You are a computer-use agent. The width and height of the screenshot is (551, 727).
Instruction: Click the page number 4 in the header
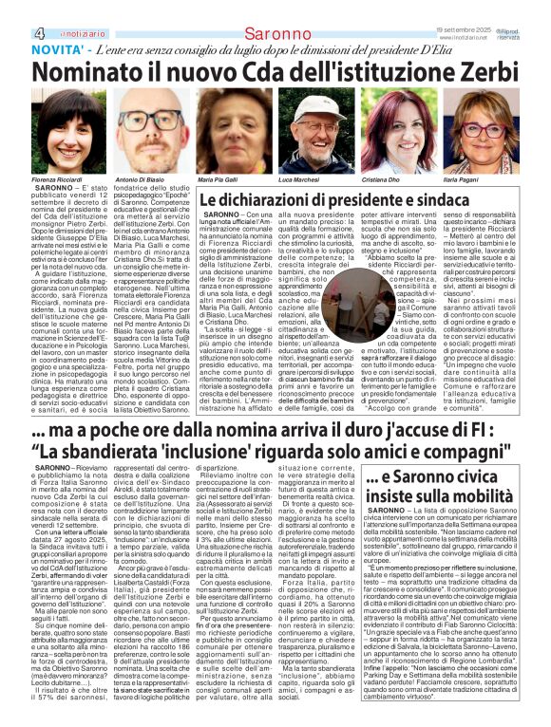pyautogui.click(x=10, y=8)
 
